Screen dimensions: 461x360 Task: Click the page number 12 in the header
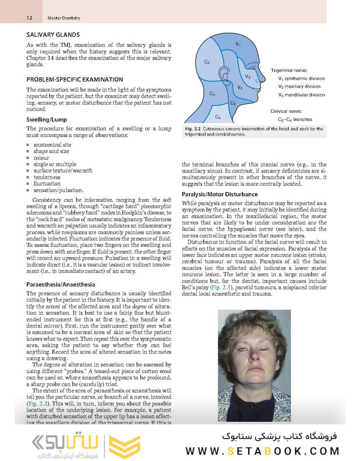30,18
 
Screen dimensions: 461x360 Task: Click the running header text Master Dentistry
64,18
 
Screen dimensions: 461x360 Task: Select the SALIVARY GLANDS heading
53,35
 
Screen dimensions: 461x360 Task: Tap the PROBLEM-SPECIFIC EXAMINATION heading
74,79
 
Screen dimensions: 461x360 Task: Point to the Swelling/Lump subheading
46,119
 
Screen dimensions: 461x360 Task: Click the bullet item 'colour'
42,158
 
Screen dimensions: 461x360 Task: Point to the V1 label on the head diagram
238,44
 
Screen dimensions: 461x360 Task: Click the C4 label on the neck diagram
218,117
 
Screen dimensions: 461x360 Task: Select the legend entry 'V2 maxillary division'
301,87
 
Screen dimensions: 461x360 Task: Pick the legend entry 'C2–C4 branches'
295,119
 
